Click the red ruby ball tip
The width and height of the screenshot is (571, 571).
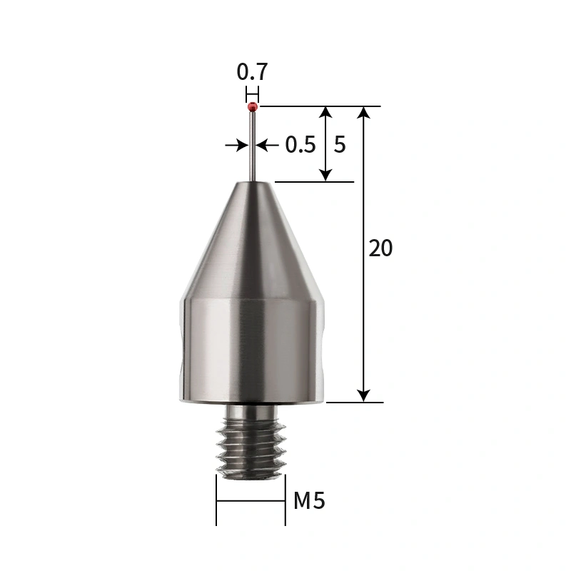coord(253,107)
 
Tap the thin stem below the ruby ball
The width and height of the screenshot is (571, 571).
coord(253,146)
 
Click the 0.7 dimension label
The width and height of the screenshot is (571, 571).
coord(252,72)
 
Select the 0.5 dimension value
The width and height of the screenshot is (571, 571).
coord(300,145)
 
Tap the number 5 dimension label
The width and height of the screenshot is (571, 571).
coord(340,145)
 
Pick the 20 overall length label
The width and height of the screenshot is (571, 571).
coord(380,248)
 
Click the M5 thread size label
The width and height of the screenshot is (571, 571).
coord(309,501)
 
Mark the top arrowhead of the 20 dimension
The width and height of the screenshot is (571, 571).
coord(364,113)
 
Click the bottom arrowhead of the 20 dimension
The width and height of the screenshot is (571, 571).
coord(364,395)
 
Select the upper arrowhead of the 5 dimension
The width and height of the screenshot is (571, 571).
coord(325,113)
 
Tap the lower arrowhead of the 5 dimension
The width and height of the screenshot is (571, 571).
coord(325,174)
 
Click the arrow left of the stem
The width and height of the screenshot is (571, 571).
coord(238,145)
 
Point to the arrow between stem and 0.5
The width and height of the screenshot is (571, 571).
coord(266,145)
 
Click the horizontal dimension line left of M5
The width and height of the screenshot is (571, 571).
coord(251,501)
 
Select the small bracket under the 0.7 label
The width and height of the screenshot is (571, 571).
coord(252,94)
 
